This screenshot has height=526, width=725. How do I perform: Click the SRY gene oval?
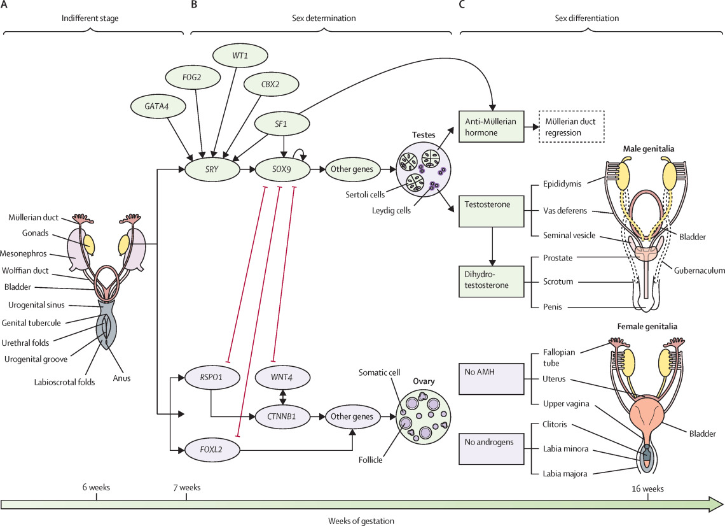211,169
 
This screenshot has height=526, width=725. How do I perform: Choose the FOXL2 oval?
211,450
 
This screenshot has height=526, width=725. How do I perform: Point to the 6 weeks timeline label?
96,488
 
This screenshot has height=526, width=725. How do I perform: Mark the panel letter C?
462,5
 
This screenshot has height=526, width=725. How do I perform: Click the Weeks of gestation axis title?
361,520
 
